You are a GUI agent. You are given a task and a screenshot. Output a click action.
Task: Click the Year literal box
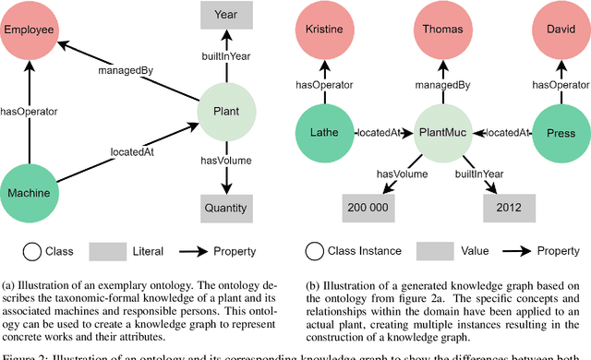pos(225,15)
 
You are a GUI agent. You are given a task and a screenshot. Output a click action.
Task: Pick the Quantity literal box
pos(225,208)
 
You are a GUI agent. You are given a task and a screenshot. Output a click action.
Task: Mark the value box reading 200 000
pos(368,209)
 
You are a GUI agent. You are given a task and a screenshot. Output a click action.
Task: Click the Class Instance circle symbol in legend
pos(316,250)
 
